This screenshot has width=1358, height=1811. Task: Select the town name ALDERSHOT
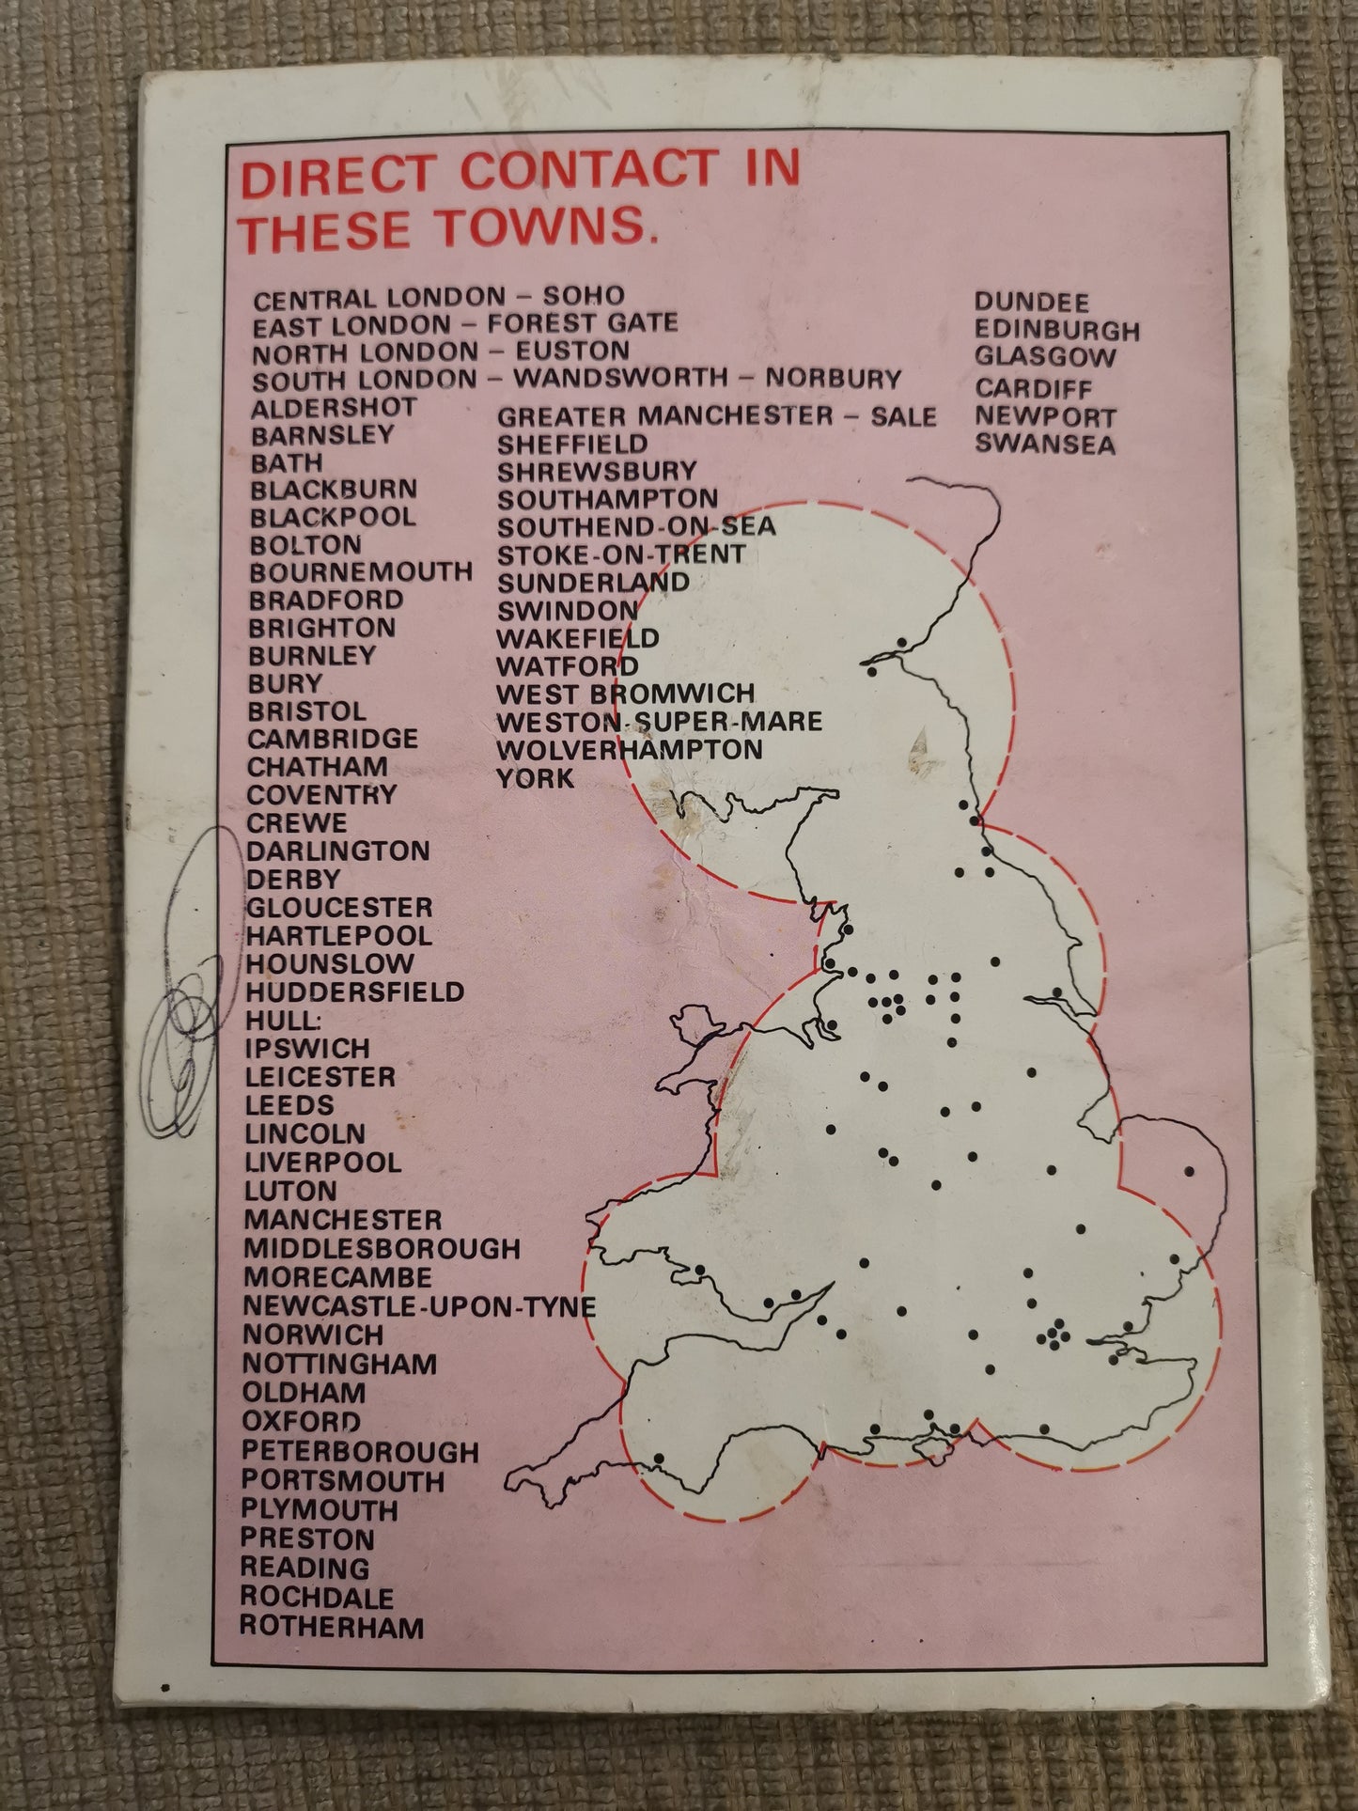[334, 408]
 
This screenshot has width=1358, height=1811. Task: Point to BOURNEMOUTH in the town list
[361, 572]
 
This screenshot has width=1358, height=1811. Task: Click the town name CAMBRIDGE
[333, 739]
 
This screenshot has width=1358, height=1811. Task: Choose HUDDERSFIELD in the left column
[354, 991]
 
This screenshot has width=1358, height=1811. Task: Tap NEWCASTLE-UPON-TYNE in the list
[419, 1306]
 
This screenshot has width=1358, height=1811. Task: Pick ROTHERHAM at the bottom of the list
[332, 1627]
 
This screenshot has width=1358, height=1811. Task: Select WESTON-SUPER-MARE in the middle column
[659, 722]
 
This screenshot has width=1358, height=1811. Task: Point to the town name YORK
[535, 778]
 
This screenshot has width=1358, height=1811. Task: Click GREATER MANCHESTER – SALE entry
[716, 416]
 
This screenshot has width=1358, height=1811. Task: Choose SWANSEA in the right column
[1044, 444]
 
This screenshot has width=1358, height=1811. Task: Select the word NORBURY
[833, 379]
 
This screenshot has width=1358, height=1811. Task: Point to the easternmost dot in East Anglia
[1189, 1171]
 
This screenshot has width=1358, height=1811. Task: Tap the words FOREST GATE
[582, 324]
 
